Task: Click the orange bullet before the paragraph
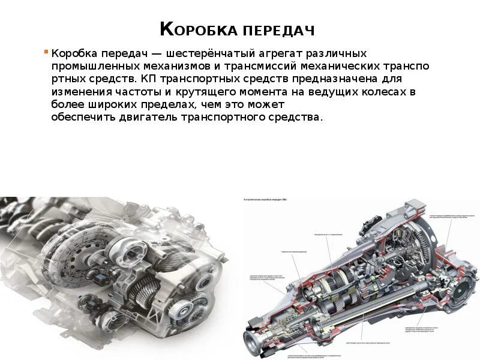[45, 52]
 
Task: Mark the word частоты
[132, 92]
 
